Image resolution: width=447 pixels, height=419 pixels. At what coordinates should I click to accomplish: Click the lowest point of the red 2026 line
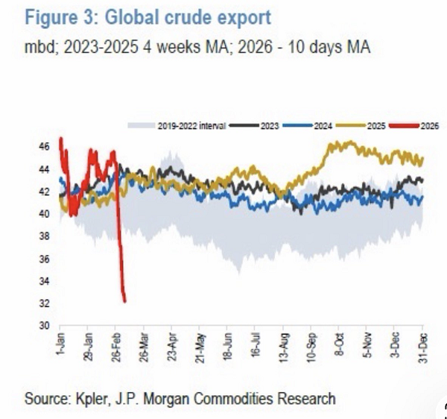pyautogui.click(x=124, y=301)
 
